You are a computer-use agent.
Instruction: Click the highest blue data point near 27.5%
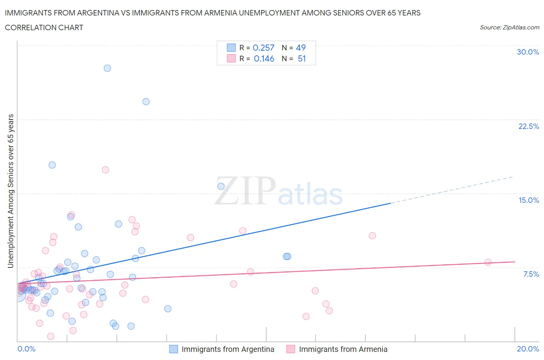pyautogui.click(x=107, y=68)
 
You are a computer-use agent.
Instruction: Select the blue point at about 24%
pyautogui.click(x=146, y=101)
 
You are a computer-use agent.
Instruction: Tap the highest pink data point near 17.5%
pyautogui.click(x=105, y=170)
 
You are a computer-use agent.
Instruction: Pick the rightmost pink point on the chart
pyautogui.click(x=488, y=262)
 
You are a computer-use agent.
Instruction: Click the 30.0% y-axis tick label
pyautogui.click(x=528, y=52)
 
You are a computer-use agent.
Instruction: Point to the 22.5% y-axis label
pyautogui.click(x=529, y=126)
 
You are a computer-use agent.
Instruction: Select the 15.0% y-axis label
pyautogui.click(x=529, y=200)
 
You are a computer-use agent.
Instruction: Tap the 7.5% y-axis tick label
pyautogui.click(x=531, y=274)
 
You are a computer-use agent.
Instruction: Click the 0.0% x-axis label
pyautogui.click(x=26, y=349)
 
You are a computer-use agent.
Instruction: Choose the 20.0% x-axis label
pyautogui.click(x=528, y=349)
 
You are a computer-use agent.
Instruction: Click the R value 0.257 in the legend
pyautogui.click(x=263, y=48)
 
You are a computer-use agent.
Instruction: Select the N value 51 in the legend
pyautogui.click(x=302, y=58)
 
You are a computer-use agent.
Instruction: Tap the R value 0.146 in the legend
pyautogui.click(x=264, y=58)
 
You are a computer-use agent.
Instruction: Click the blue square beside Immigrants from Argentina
pyautogui.click(x=174, y=349)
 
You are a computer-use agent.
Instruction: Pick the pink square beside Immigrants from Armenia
pyautogui.click(x=291, y=349)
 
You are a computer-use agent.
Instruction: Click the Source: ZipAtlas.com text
pyautogui.click(x=509, y=27)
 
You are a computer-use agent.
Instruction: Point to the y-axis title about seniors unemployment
pyautogui.click(x=10, y=191)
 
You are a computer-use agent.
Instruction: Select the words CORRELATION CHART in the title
pyautogui.click(x=44, y=27)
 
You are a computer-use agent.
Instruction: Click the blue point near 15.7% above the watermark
pyautogui.click(x=221, y=186)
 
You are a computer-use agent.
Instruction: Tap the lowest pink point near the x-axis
pyautogui.click(x=51, y=336)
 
